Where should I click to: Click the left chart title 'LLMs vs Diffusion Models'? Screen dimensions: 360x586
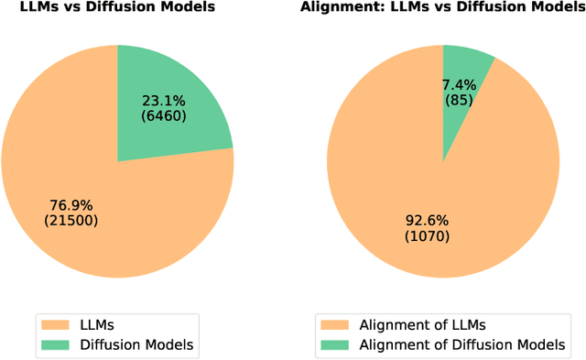(x=117, y=8)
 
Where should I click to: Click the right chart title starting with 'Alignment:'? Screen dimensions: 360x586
(x=443, y=8)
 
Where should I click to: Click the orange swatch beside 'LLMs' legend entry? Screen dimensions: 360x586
(x=55, y=323)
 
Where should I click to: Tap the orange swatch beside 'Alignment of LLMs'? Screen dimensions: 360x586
(x=337, y=323)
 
